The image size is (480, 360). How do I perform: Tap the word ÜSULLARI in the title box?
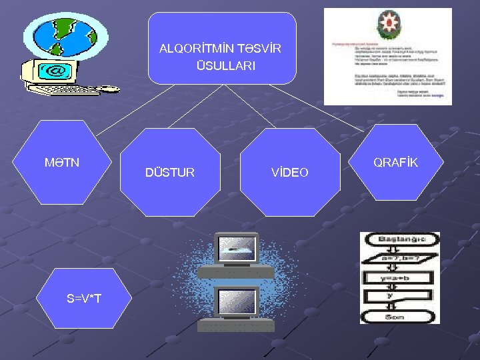(x=225, y=66)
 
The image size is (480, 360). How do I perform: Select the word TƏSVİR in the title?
(x=259, y=49)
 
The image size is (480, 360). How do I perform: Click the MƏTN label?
(x=61, y=162)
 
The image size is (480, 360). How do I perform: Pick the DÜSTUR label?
(x=170, y=173)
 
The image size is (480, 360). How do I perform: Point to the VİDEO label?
(x=289, y=173)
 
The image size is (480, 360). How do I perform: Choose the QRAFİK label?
(x=395, y=163)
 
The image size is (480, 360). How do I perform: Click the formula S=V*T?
(x=84, y=298)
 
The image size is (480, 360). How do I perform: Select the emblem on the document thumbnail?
(x=387, y=26)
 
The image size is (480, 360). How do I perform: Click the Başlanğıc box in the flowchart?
(x=399, y=239)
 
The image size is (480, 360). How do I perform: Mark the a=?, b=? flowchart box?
(x=399, y=259)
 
